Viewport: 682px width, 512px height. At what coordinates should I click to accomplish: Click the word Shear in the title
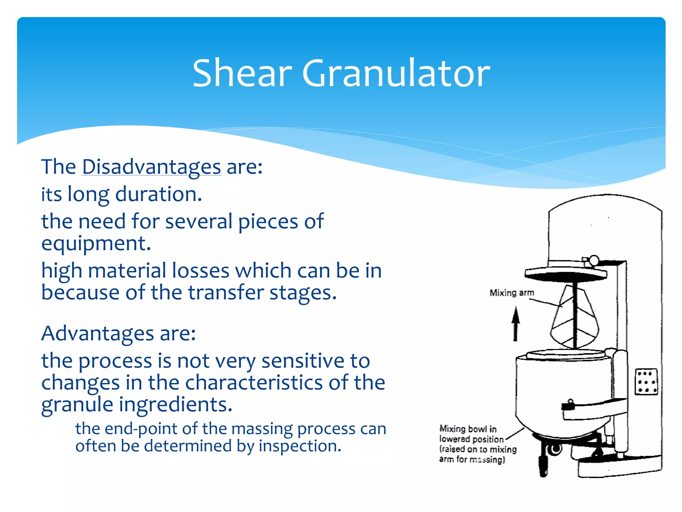(242, 73)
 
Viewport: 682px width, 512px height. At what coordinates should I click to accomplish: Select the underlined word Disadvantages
(152, 167)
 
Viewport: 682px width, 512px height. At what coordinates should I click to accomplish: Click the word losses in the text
(200, 271)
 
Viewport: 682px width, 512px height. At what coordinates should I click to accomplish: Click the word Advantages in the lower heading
(98, 334)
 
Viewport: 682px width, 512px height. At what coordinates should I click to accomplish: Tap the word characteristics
(254, 383)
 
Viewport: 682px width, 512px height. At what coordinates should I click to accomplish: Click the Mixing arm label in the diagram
(511, 293)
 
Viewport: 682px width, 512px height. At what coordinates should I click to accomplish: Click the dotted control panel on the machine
(646, 382)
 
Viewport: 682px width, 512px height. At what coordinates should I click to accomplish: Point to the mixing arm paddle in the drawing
(574, 320)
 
